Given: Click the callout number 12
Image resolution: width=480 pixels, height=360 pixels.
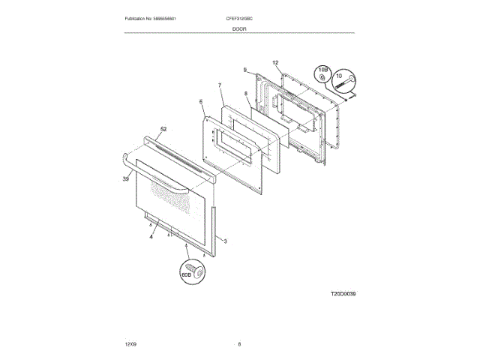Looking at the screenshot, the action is point(275,62).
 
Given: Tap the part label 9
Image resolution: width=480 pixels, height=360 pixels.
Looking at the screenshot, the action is point(244,70).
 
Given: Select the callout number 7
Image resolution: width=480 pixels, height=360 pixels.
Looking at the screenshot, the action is point(220,85).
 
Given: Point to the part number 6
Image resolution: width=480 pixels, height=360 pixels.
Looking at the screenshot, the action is point(201,101).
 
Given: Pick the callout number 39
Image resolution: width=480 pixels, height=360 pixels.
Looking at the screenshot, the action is point(125,178).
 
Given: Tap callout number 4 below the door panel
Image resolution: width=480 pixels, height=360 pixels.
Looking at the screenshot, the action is point(151,236).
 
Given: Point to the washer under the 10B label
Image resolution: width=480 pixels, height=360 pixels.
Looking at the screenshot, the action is point(321,77).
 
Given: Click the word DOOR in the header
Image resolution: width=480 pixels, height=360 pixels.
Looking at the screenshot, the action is point(239,28).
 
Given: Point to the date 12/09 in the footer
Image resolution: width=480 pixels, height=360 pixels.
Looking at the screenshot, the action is point(130,343).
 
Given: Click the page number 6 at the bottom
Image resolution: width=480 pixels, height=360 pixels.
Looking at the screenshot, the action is point(239,343).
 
